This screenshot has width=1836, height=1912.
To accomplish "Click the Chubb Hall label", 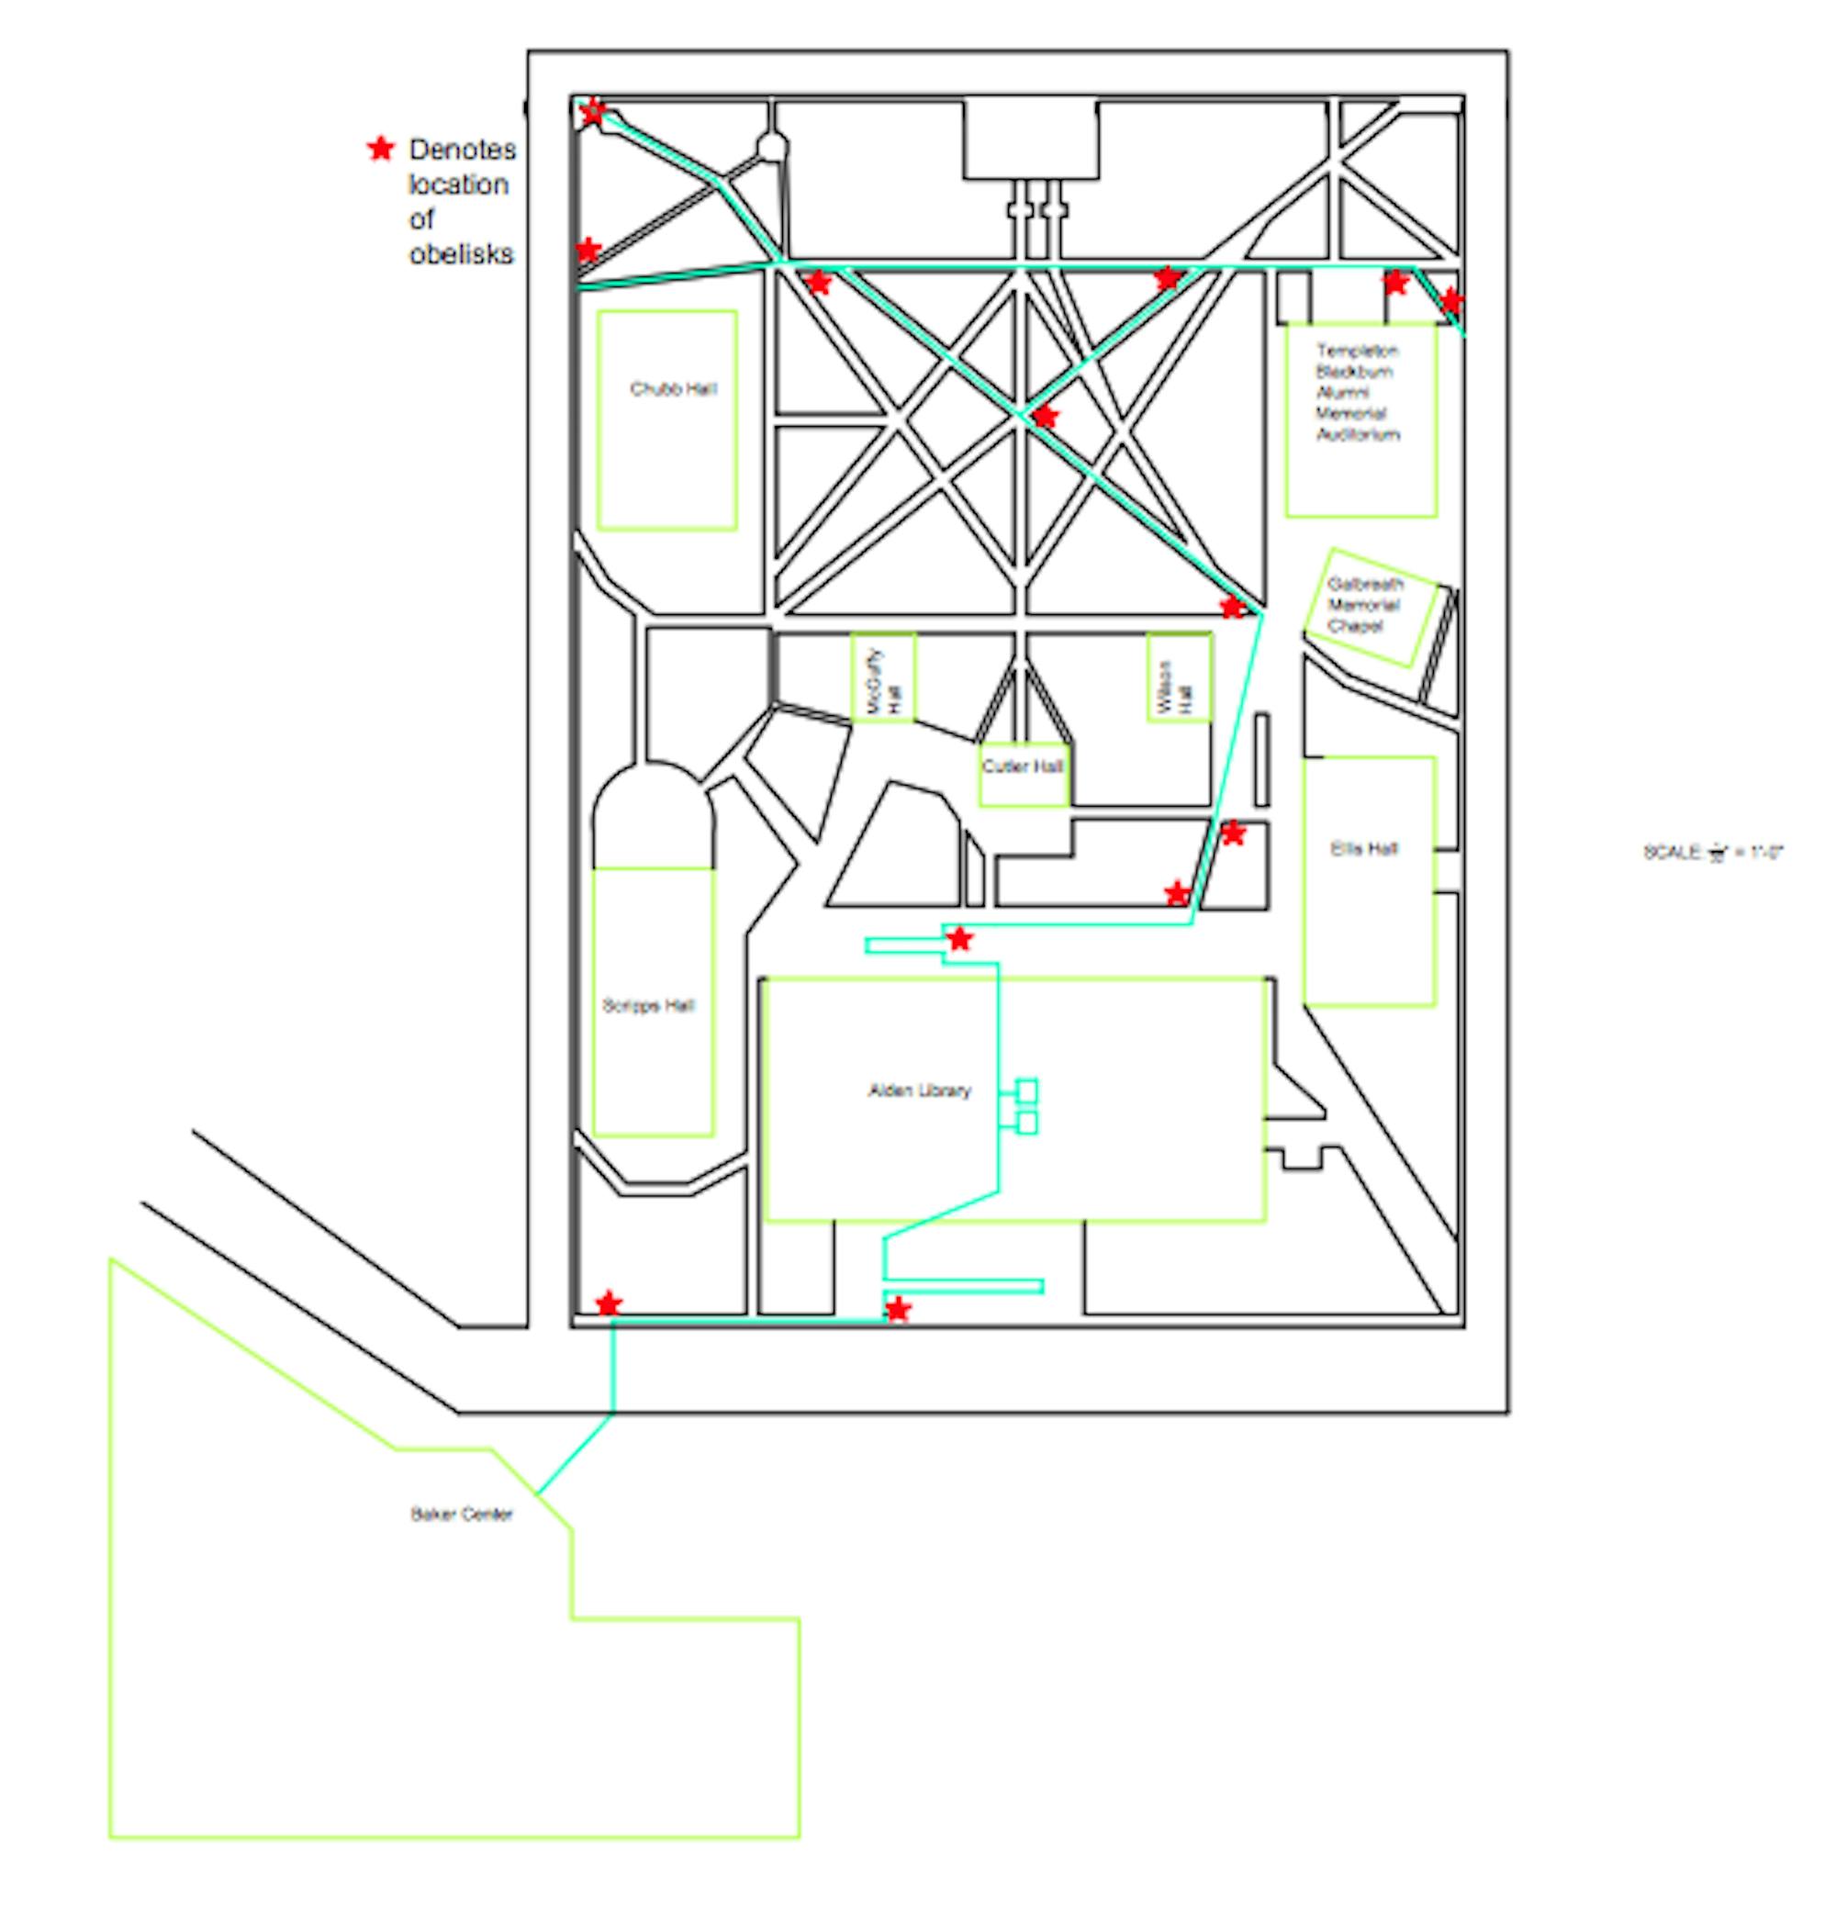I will [x=672, y=389].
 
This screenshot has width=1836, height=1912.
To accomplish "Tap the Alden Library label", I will [x=919, y=1090].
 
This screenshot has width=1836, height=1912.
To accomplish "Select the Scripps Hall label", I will [x=648, y=1006].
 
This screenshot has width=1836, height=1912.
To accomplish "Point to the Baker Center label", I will [x=462, y=1514].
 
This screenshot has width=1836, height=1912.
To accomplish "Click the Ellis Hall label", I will [x=1364, y=849].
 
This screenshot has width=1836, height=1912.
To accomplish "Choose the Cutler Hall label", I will [x=1023, y=766].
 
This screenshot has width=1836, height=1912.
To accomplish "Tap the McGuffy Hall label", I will [x=884, y=680].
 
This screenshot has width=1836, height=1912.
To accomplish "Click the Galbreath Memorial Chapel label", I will [x=1364, y=605].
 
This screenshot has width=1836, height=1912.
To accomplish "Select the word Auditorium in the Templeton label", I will [x=1358, y=434].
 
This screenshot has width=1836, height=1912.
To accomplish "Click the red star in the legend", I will [x=380, y=149].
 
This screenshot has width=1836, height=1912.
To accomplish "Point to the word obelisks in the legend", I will [x=462, y=253].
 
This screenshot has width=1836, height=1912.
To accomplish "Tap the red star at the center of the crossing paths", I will [x=1045, y=418].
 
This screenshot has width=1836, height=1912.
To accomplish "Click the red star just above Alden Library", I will [x=960, y=939].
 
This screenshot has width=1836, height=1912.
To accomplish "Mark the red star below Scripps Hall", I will [x=608, y=1303].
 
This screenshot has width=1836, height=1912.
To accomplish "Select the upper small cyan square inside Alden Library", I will [x=1026, y=1090].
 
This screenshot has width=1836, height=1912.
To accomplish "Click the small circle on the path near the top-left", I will [x=772, y=147].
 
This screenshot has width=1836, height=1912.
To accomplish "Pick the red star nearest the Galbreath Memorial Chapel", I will [x=1233, y=607].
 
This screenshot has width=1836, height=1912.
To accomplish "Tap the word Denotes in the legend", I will [x=463, y=150].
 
